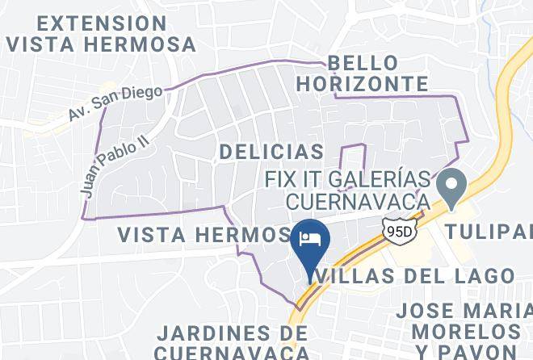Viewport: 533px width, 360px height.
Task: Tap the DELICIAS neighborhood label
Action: pos(271,151)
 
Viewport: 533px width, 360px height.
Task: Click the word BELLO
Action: pos(363,63)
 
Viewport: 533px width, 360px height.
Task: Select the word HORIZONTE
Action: pos(376,83)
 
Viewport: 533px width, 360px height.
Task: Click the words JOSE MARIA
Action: pos(465,311)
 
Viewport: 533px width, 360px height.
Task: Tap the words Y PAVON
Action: pos(465,351)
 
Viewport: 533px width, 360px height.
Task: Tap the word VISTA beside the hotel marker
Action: pos(153,234)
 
